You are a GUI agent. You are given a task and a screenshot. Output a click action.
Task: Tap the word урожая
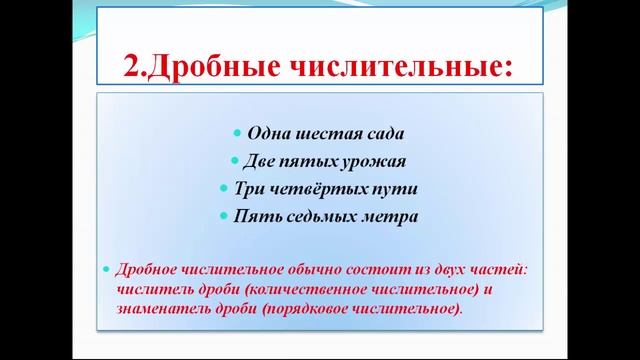pyautogui.click(x=377, y=161)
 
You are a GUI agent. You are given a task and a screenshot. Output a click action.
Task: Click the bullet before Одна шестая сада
pyautogui.click(x=236, y=134)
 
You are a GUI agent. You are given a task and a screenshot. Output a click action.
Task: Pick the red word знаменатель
pyautogui.click(x=160, y=308)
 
